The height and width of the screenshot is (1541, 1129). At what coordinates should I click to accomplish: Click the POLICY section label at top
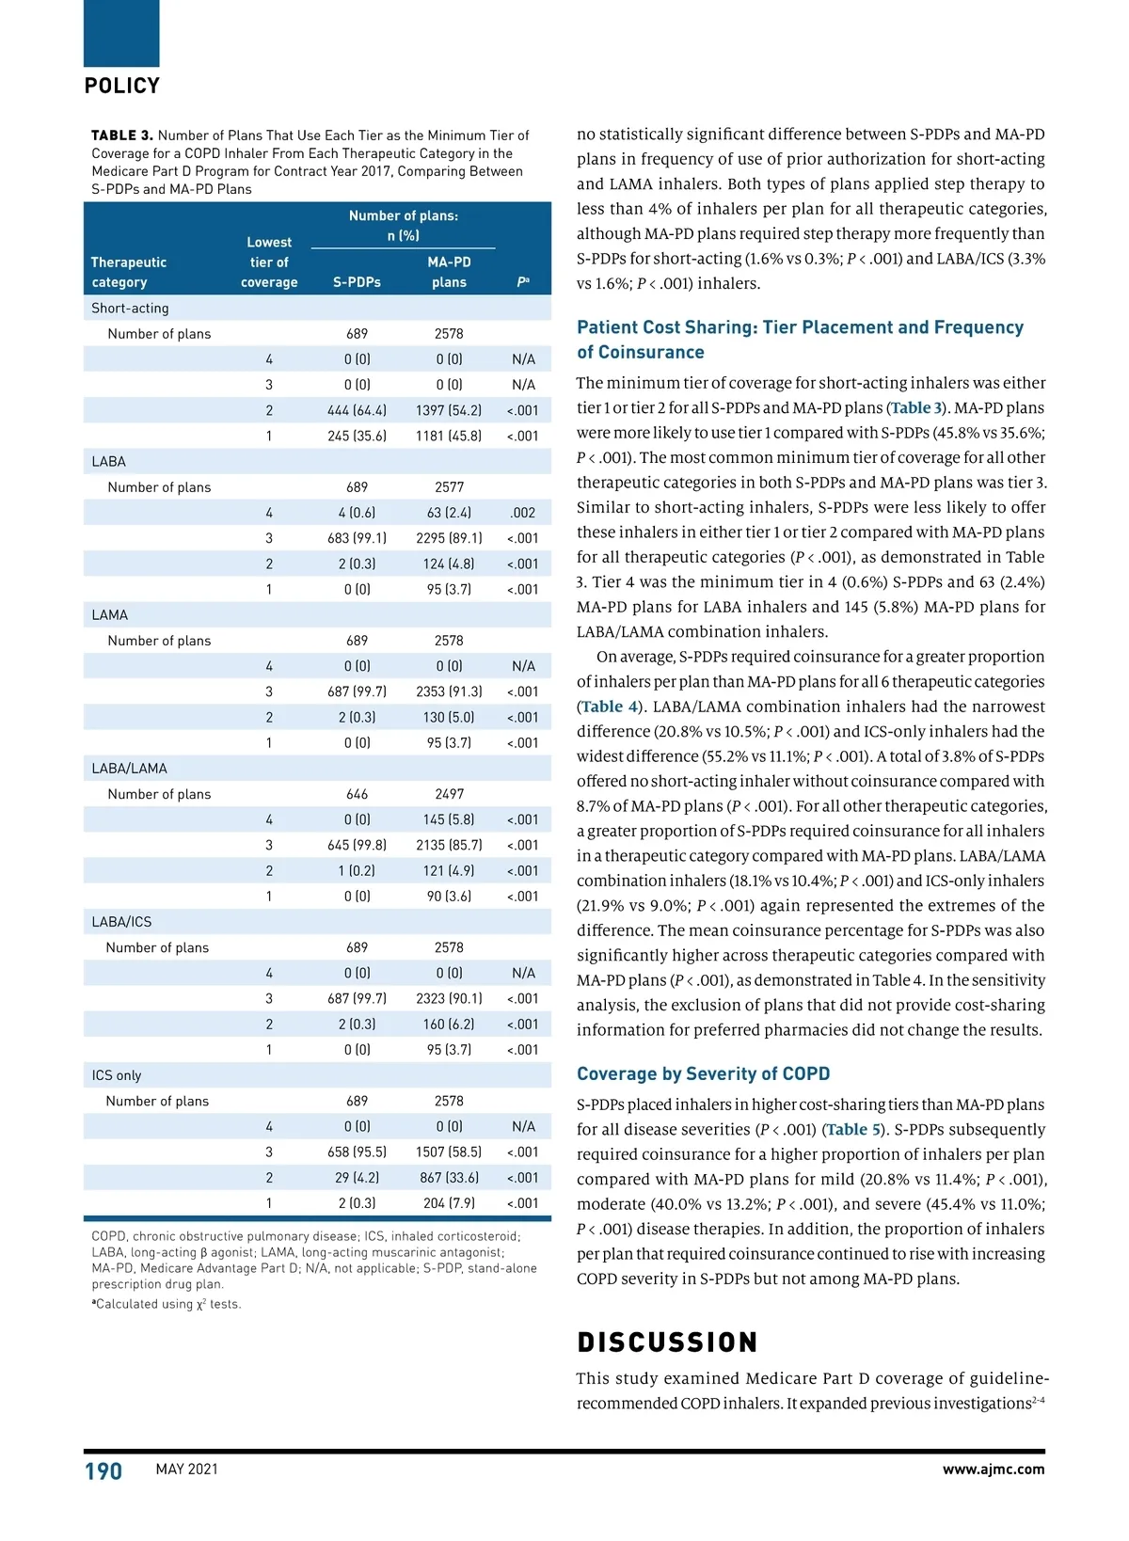tap(122, 86)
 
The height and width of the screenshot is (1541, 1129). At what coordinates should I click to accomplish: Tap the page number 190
tap(103, 1470)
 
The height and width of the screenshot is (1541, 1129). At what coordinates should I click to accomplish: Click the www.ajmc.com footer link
tap(993, 1470)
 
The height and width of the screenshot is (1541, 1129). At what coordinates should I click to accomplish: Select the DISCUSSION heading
tap(667, 1342)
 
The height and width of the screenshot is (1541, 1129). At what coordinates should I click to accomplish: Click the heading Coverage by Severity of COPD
tap(703, 1073)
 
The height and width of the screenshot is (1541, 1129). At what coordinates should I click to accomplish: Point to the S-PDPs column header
tap(357, 282)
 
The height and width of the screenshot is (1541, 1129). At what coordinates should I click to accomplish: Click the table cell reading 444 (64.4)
tap(357, 410)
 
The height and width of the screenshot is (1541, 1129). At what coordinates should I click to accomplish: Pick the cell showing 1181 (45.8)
tap(449, 436)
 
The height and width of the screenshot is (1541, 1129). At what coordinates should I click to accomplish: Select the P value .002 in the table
tap(522, 513)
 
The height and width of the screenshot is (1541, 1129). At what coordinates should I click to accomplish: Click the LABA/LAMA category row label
tap(129, 769)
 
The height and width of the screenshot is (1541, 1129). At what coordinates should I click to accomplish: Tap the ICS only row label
tap(117, 1075)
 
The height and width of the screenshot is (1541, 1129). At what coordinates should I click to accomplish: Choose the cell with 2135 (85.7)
tap(449, 845)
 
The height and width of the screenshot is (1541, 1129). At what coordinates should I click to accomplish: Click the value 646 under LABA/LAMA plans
tap(357, 794)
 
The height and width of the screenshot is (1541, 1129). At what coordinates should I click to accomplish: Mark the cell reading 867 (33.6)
tap(449, 1178)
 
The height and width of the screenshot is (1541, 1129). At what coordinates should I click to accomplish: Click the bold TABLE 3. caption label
tap(122, 135)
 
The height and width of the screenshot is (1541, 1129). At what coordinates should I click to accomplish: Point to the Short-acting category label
tap(130, 309)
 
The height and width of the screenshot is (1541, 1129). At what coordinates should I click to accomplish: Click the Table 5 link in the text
tap(853, 1129)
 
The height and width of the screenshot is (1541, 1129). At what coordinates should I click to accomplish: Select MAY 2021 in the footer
tap(186, 1470)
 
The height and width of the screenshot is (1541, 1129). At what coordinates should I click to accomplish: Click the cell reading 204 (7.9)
tap(449, 1203)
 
